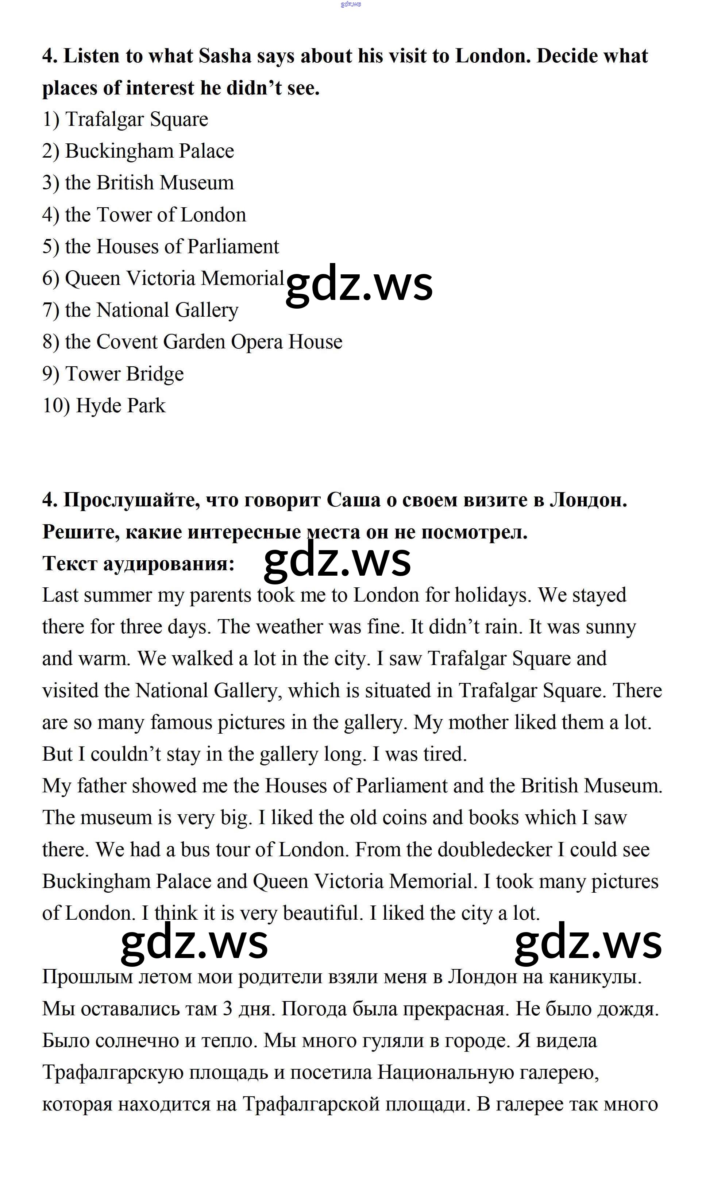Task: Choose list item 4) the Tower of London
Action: pos(144,215)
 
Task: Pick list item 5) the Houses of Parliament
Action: pos(161,246)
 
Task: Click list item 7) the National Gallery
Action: pos(140,310)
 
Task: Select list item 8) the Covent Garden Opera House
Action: pos(192,342)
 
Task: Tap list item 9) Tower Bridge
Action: pos(113,374)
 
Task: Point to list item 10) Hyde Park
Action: pos(104,406)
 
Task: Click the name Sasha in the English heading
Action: pos(225,56)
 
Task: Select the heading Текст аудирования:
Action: pos(138,563)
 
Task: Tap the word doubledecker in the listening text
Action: pos(494,850)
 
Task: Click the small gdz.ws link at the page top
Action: pos(351,4)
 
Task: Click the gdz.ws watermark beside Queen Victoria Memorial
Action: pos(359,285)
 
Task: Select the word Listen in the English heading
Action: pos(91,56)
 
